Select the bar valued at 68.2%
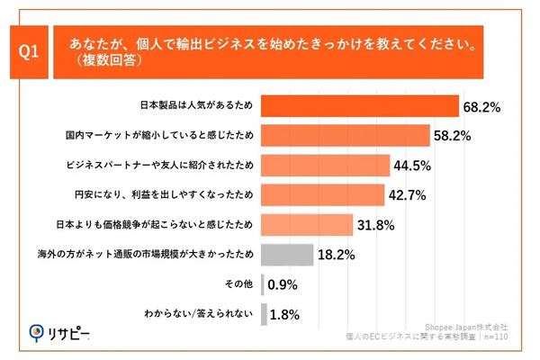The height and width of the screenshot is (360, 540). [360, 106]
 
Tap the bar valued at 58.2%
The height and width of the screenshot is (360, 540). [345, 136]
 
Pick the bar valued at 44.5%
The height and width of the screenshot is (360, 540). [325, 166]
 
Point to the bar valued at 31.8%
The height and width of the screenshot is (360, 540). [307, 225]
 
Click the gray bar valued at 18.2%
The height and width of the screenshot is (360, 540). [287, 255]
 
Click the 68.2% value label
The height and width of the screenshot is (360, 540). [481, 107]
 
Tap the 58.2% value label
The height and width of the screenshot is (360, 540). [452, 137]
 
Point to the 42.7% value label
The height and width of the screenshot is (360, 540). [407, 196]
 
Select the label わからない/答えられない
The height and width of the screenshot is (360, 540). [200, 314]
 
